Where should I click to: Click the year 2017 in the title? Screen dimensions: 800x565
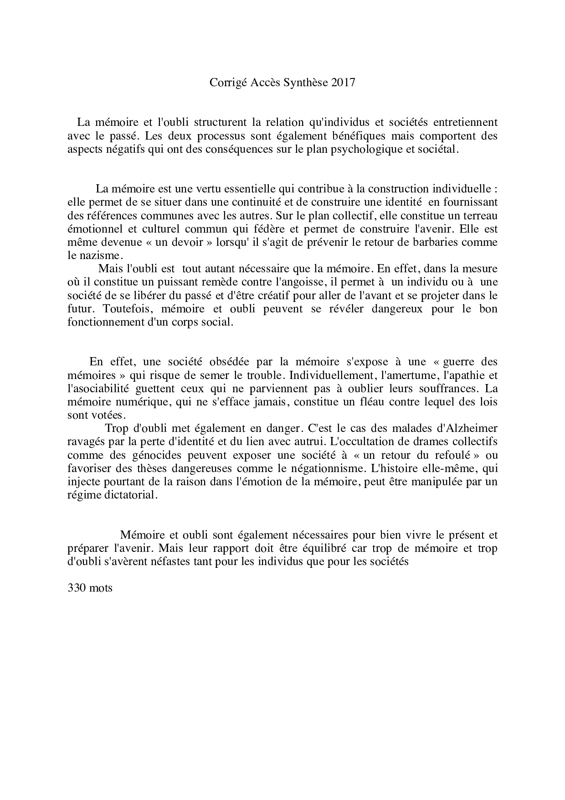coord(343,83)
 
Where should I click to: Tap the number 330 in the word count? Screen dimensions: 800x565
coord(77,588)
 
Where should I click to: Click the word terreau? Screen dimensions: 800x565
coord(479,215)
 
